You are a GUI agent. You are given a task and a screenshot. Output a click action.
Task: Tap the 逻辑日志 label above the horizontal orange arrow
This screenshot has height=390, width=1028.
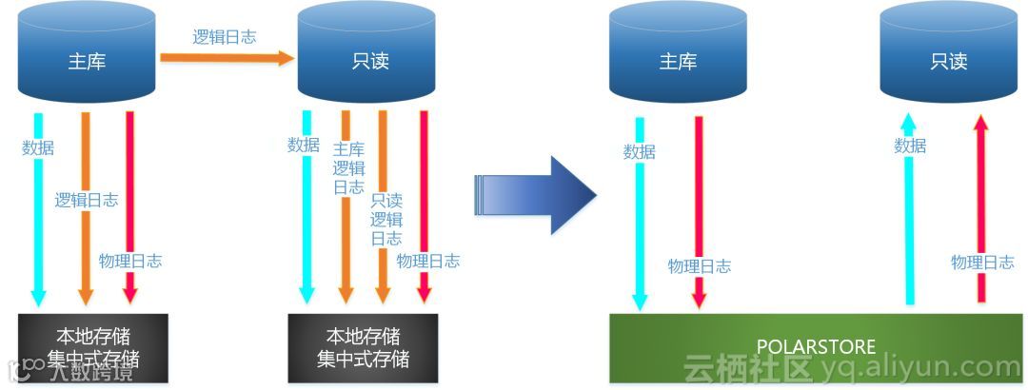click(x=225, y=37)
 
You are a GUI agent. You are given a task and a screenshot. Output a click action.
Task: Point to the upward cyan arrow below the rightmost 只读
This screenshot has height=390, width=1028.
click(x=908, y=219)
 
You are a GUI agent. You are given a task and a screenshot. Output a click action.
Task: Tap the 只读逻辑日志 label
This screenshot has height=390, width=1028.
click(x=386, y=220)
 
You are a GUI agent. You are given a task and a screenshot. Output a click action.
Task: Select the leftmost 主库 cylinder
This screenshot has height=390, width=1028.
click(x=87, y=52)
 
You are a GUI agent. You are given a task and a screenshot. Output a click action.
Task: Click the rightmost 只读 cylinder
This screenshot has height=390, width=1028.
click(x=949, y=52)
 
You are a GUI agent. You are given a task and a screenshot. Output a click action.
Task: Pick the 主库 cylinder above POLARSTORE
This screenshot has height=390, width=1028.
click(x=678, y=52)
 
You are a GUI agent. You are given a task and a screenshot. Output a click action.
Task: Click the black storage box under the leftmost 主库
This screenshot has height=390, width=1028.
click(x=92, y=347)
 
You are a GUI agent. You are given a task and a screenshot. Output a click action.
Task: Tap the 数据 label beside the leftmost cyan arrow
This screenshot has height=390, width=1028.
click(x=38, y=147)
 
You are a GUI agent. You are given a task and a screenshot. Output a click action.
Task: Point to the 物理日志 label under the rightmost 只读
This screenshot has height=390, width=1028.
click(x=982, y=263)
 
